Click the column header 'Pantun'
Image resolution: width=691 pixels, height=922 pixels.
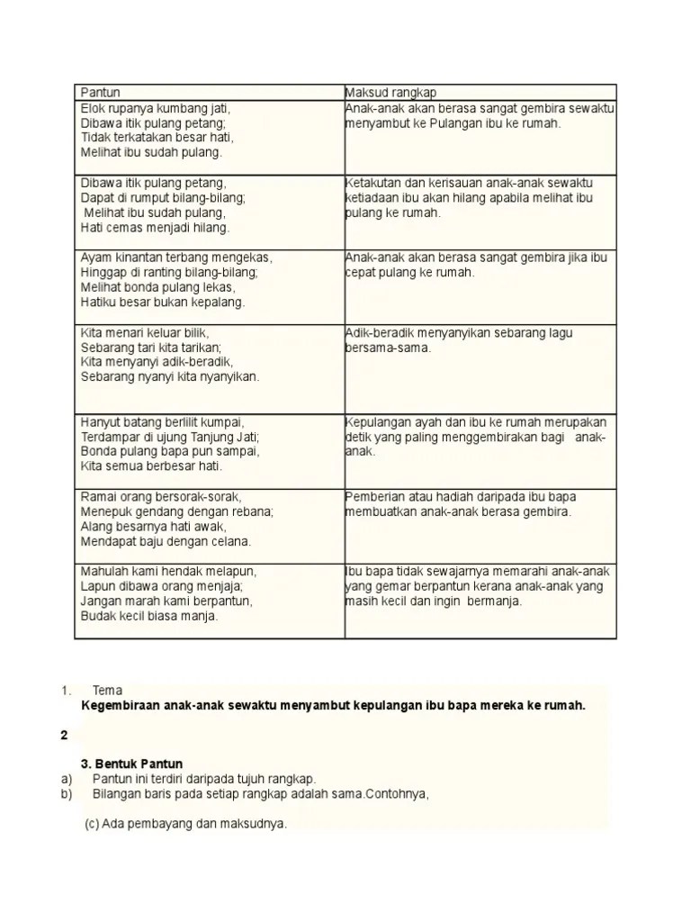[x=101, y=93]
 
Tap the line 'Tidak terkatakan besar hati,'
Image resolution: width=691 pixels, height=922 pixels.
[x=157, y=138]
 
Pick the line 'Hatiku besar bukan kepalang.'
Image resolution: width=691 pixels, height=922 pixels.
[x=163, y=302]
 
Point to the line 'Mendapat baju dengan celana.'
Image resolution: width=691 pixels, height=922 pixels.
[x=166, y=541]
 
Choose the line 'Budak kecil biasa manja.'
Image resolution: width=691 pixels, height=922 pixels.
[x=149, y=616]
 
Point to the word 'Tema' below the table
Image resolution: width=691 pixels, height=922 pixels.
[x=107, y=691]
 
